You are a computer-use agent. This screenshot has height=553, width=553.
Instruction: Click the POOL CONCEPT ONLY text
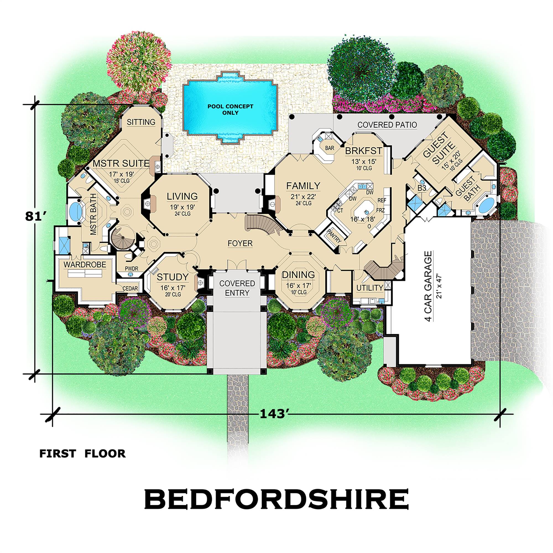pyautogui.click(x=230, y=109)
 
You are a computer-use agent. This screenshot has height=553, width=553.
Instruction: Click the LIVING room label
pyautogui.click(x=182, y=196)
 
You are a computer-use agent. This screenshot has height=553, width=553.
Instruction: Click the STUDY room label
pyautogui.click(x=173, y=277)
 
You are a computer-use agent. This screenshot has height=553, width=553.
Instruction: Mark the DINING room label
pyautogui.click(x=298, y=275)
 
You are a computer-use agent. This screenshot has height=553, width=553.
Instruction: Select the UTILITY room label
pyautogui.click(x=369, y=288)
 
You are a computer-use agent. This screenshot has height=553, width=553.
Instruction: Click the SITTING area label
pyautogui.click(x=141, y=122)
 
